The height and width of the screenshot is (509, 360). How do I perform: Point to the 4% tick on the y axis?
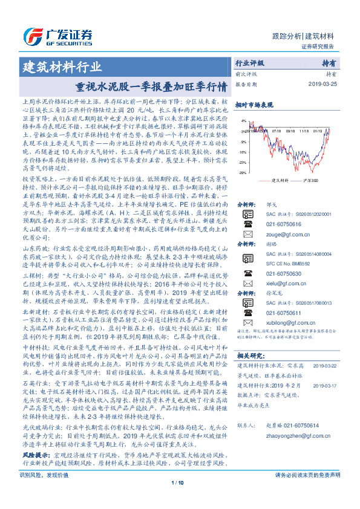coord(242,121)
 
